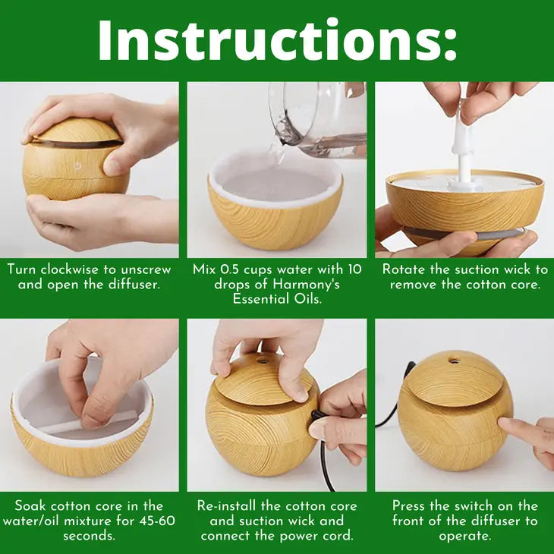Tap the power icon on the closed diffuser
[x=77, y=165]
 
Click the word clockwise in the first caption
[x=70, y=269]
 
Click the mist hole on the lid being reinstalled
[x=262, y=361]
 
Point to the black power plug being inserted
[x=316, y=414]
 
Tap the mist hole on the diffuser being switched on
[x=454, y=360]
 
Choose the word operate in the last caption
[x=464, y=537]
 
